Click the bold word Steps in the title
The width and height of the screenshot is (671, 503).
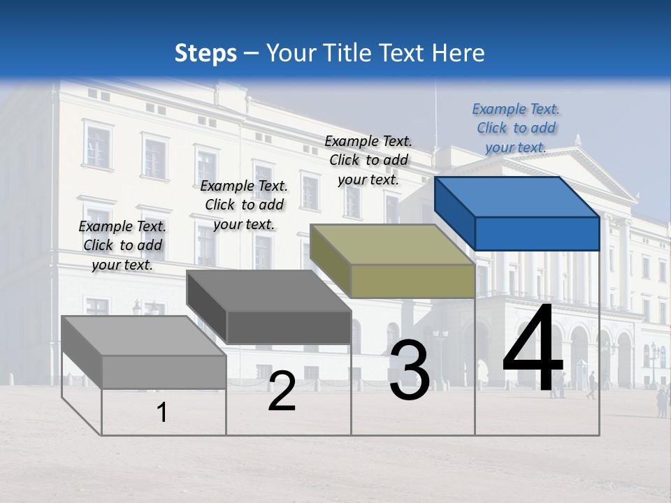[205, 53]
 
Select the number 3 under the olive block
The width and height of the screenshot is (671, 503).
[409, 371]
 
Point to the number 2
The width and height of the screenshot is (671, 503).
[282, 391]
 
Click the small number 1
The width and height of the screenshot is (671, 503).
[161, 413]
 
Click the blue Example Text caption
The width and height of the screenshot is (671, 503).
[516, 128]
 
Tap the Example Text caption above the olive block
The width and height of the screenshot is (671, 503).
[368, 160]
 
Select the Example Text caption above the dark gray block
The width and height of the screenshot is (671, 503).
[244, 205]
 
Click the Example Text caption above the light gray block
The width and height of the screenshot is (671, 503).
[122, 245]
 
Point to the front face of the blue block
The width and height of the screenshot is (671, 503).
[537, 233]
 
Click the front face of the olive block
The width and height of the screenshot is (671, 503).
[412, 281]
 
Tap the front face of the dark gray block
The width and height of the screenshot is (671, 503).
[289, 327]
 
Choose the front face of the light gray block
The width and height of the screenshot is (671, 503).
[164, 372]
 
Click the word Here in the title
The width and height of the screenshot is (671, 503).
[460, 53]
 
